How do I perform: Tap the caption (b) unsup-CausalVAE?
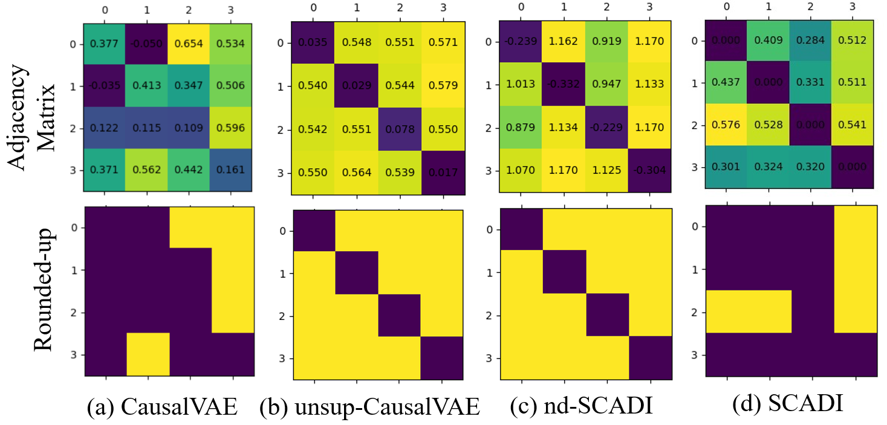click(369, 407)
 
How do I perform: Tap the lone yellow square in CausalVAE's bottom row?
click(148, 353)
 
